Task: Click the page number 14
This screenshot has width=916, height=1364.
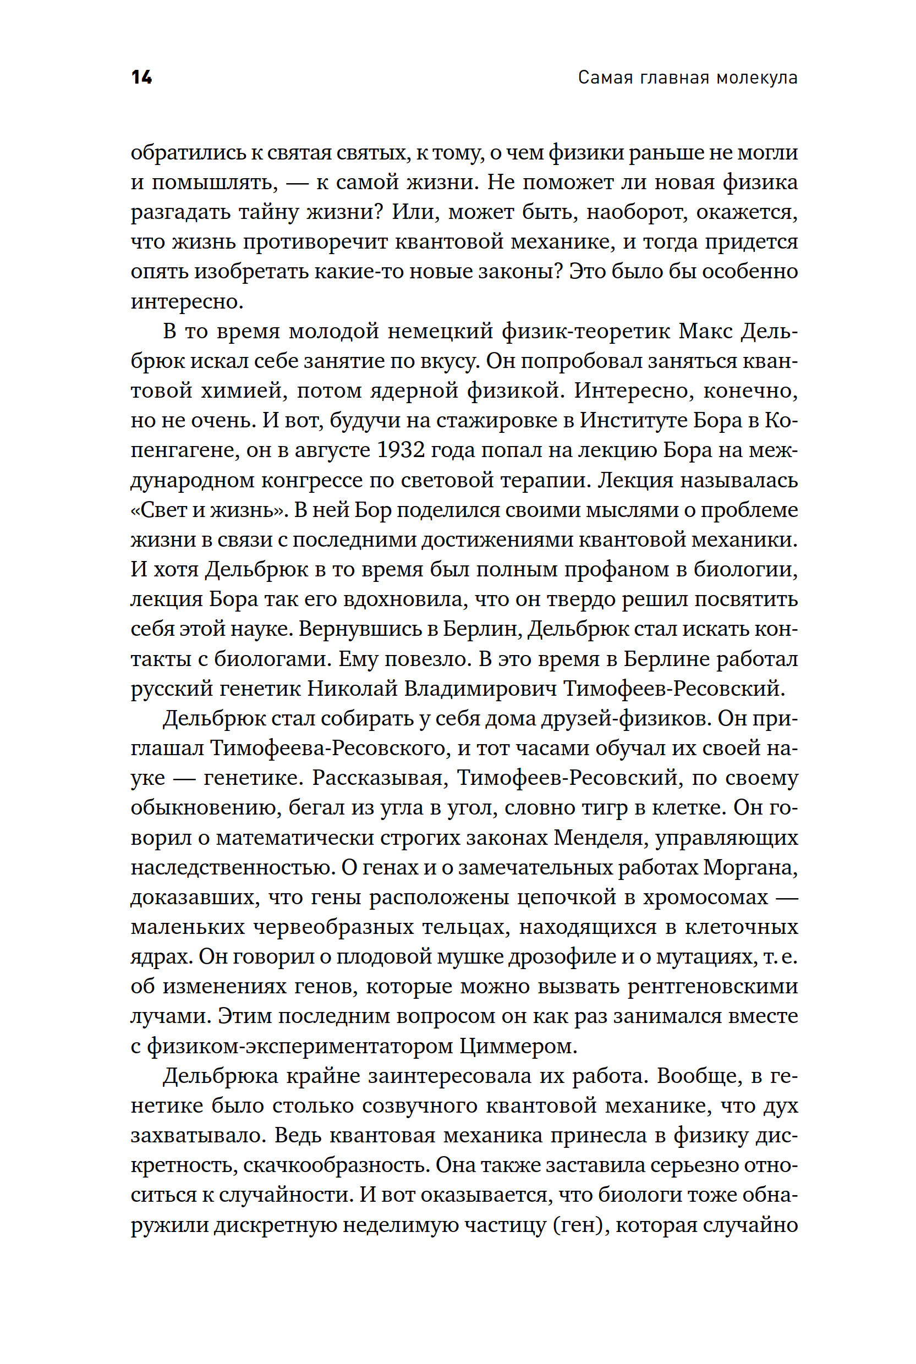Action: click(141, 77)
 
